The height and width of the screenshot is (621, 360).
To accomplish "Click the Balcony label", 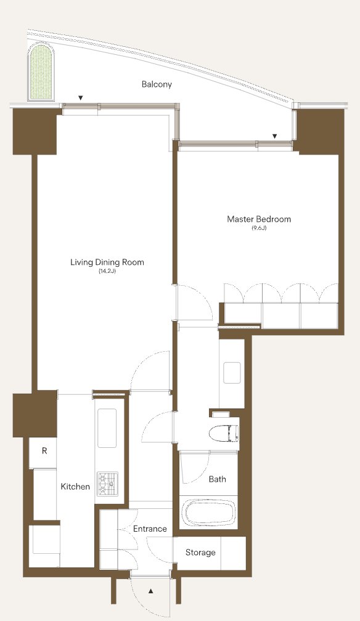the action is point(157,84).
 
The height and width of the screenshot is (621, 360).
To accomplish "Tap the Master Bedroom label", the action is point(259,219).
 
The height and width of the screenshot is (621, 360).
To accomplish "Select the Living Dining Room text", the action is point(107,262).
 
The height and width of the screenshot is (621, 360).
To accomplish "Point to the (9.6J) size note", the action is point(259,228).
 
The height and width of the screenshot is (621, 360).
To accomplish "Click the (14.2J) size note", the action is point(107,271).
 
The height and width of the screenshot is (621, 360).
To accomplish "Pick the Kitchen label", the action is point(75,486).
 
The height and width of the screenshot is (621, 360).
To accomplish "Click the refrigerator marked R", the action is point(44,451).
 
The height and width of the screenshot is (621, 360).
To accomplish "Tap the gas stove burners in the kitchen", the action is point(108,483).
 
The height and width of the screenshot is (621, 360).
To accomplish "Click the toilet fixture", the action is point(224,433).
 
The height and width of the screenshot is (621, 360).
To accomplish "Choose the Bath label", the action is point(217,479).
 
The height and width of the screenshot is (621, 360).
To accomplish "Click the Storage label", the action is point(200,553).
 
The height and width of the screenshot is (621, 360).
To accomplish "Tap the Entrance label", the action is point(150,529).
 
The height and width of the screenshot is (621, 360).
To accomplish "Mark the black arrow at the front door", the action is point(150,591).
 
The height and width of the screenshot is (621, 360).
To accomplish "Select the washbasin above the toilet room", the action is point(232,373).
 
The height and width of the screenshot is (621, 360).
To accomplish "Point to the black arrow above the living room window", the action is point(81,98).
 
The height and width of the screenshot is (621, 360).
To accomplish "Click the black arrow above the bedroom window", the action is point(274,136).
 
